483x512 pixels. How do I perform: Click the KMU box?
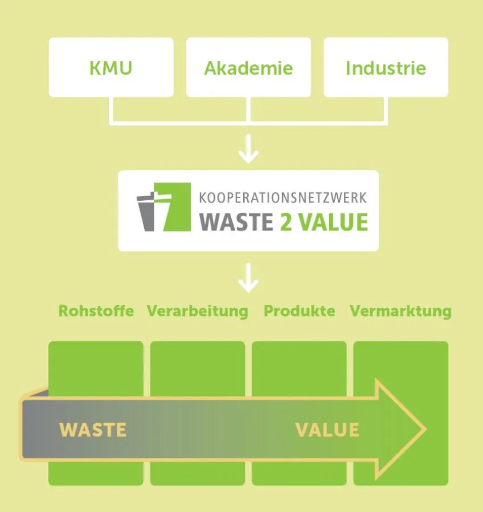111,68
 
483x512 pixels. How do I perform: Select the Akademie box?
248,68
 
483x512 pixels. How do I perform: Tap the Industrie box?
386,68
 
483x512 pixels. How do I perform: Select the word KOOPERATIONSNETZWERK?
283,199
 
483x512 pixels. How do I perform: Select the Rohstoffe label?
96,311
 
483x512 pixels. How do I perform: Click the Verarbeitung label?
198,311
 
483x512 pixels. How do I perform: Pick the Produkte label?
299,311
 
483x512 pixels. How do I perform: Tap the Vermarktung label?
400,311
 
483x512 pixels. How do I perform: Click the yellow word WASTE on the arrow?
93,430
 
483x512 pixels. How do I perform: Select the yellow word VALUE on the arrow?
328,430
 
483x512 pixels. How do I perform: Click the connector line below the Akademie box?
248,109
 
